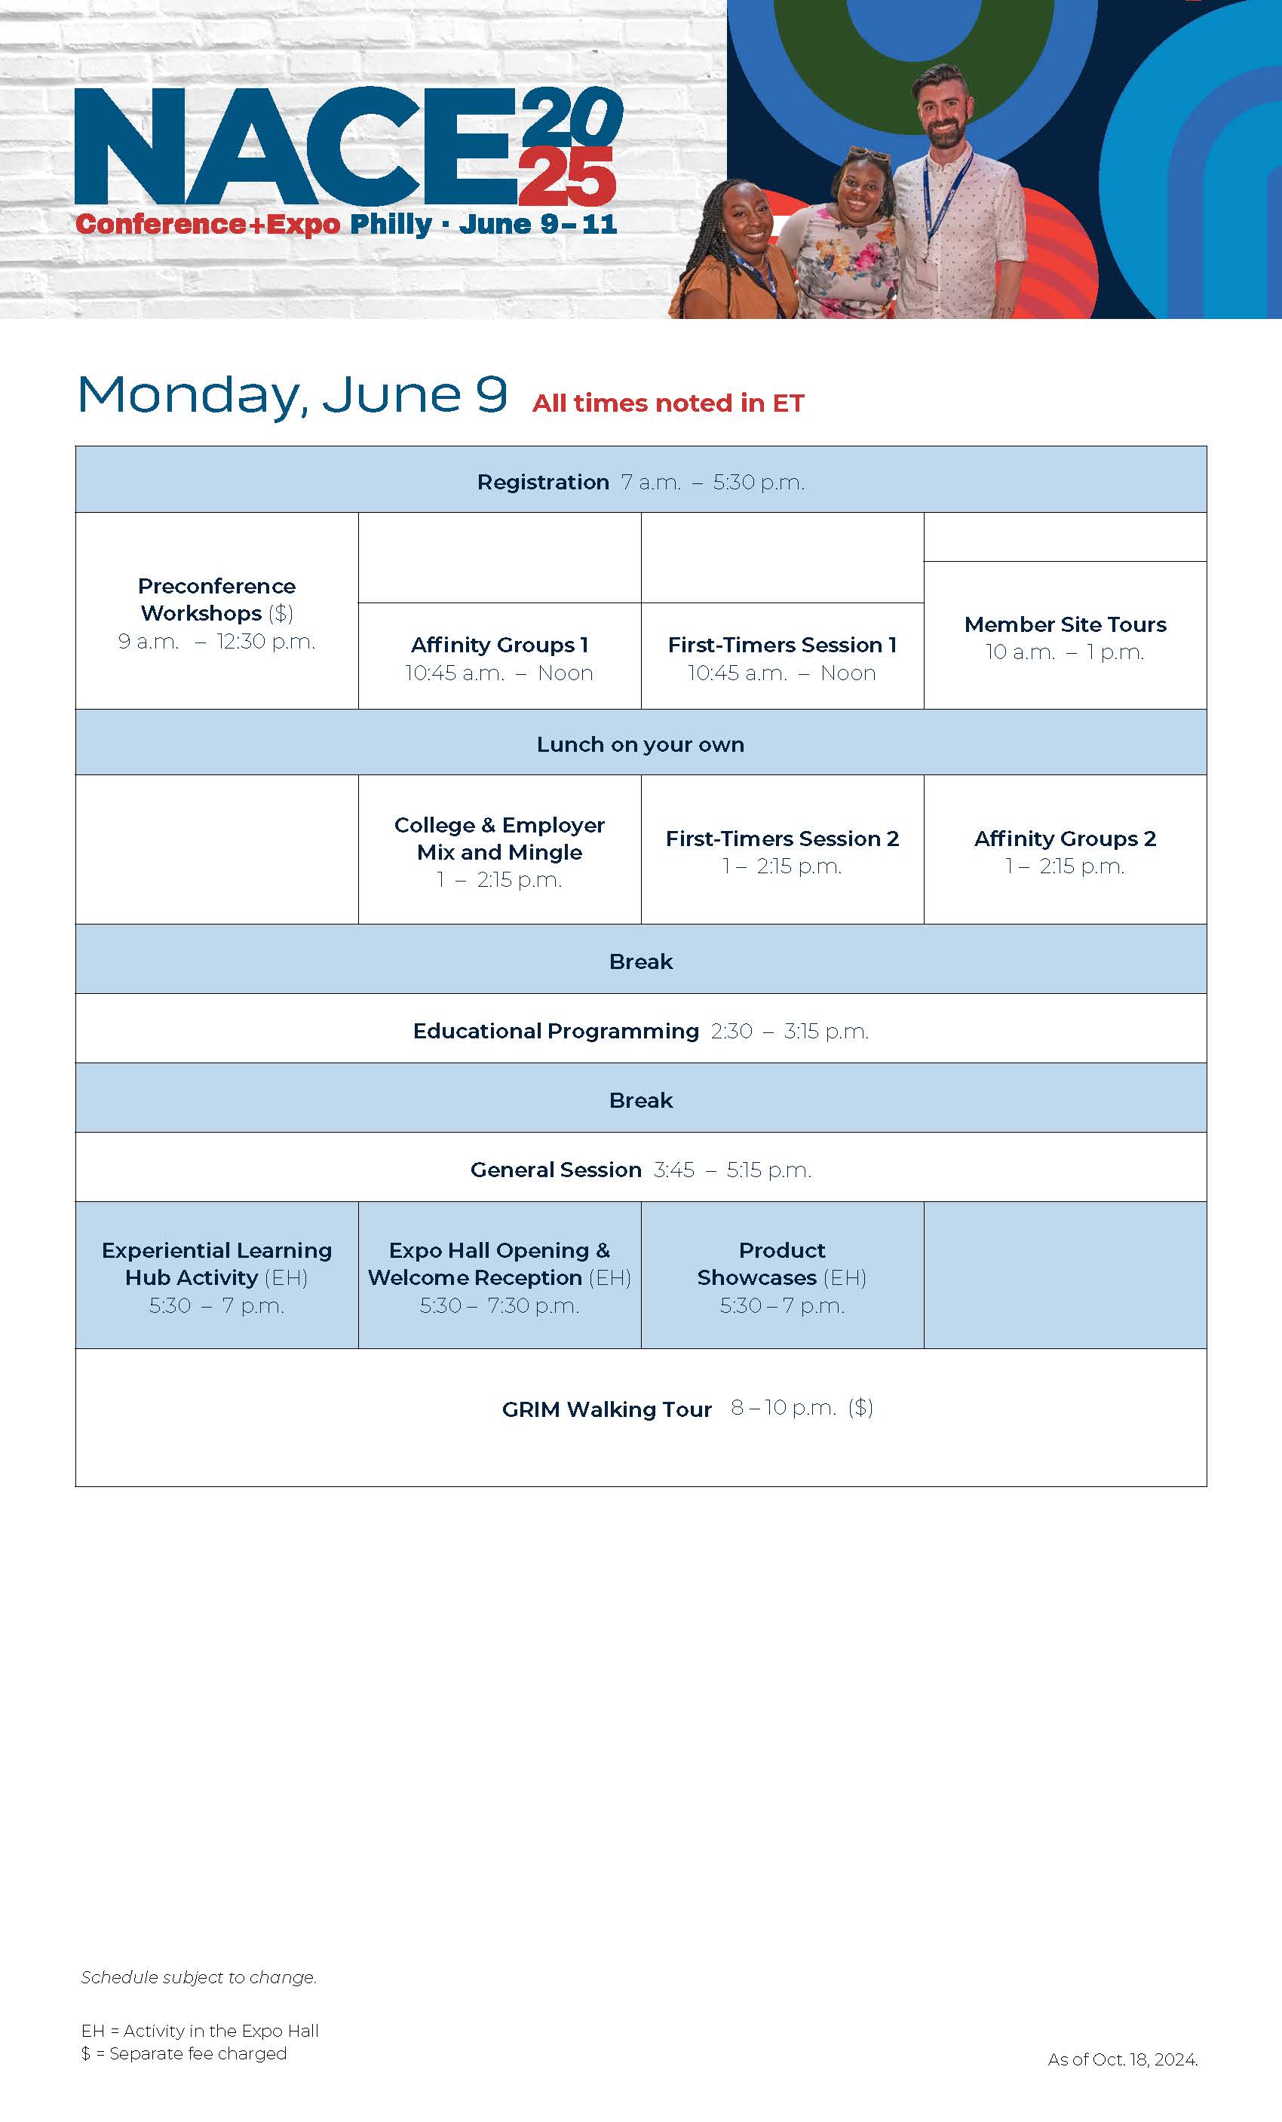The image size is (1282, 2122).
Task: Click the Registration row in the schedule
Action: coord(640,480)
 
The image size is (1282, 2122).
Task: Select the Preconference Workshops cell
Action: coord(217,612)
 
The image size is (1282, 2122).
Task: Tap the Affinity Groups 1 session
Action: coord(499,656)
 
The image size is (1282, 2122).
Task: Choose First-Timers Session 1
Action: coord(782,656)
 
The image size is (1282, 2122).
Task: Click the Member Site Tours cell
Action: coord(1065,636)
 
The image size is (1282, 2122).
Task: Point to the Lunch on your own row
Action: coord(640,742)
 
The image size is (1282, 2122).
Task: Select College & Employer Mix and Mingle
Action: coord(499,850)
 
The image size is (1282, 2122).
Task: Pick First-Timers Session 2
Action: coord(782,850)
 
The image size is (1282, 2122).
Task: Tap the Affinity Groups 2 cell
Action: coord(1065,850)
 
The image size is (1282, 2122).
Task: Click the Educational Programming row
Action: coord(640,1029)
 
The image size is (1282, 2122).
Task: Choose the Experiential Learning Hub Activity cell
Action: coord(217,1275)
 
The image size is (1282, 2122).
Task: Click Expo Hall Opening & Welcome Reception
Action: coord(499,1275)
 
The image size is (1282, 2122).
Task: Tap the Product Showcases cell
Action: coord(782,1275)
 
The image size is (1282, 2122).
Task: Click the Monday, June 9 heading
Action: coord(292,395)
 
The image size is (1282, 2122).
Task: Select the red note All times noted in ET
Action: coord(668,403)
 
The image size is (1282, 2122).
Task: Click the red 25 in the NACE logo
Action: coord(566,176)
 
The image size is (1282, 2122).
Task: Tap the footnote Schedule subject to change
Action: coord(199,1976)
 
